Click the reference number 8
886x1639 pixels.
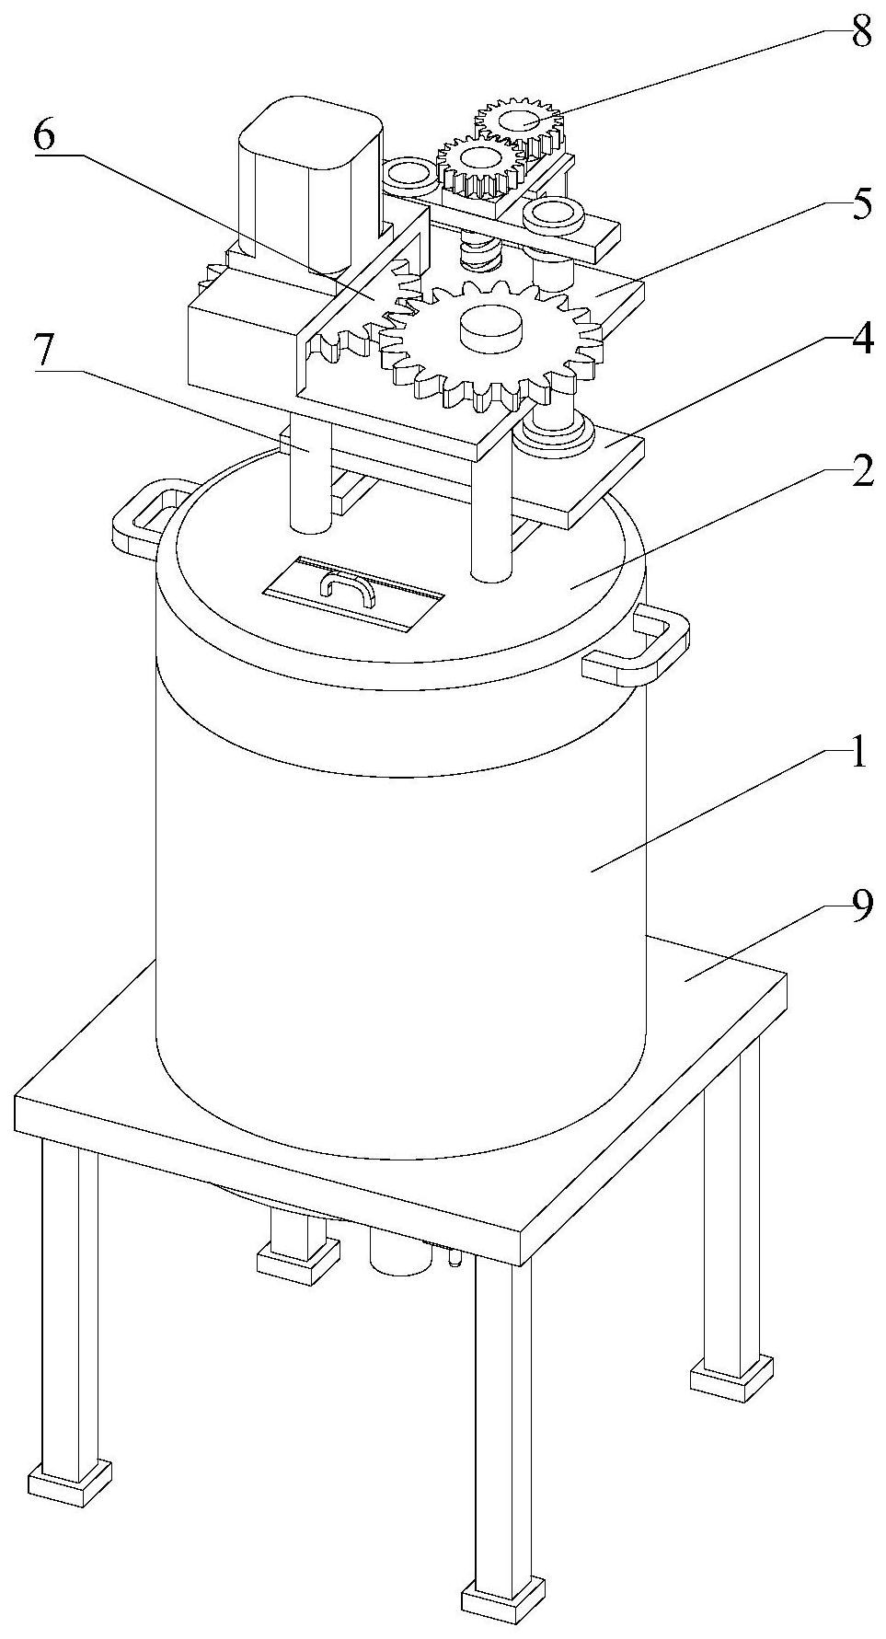point(861,34)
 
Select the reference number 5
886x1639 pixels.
point(861,205)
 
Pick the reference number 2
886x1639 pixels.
point(861,474)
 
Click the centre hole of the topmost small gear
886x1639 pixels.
point(519,119)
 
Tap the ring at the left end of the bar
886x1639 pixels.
point(409,173)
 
